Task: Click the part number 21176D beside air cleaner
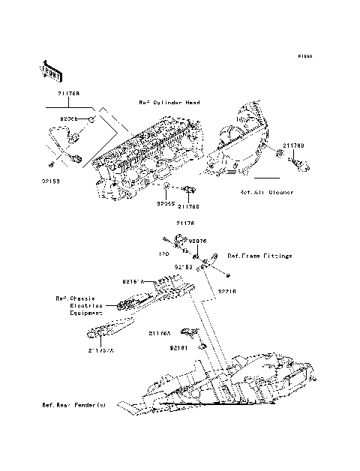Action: click(x=293, y=144)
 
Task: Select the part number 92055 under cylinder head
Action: click(x=166, y=202)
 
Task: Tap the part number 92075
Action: click(x=197, y=241)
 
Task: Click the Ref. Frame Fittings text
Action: click(x=259, y=256)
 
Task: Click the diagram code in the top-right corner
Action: click(x=304, y=56)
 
